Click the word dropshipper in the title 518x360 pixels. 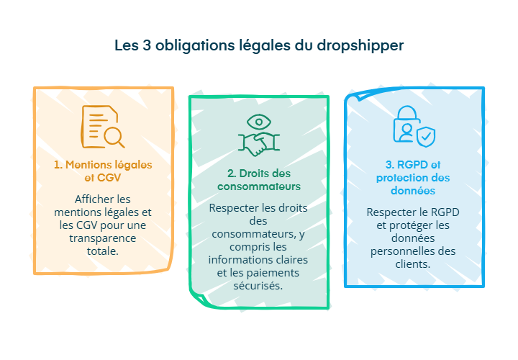coord(363,45)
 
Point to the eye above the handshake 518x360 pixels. coord(258,120)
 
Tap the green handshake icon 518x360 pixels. coord(258,143)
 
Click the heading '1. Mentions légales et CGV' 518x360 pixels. coord(103,171)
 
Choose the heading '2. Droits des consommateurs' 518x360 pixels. coord(258,180)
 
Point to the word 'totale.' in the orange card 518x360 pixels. coord(103,251)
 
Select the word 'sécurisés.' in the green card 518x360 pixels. coord(258,285)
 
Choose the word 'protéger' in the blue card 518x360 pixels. coord(413,225)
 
